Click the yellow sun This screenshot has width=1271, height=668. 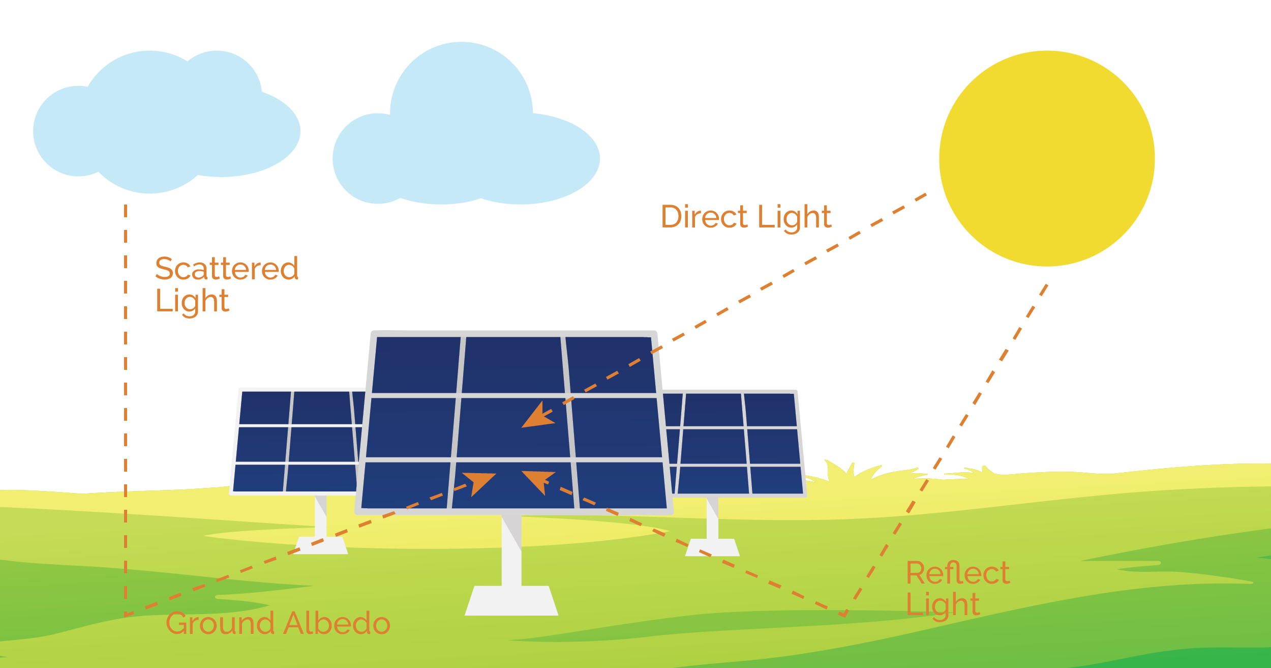click(1046, 158)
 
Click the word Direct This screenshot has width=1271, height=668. click(705, 217)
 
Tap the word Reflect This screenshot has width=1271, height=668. click(957, 573)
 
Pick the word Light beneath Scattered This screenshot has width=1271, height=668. click(192, 301)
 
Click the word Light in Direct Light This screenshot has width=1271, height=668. click(794, 218)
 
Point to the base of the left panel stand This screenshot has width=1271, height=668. click(321, 546)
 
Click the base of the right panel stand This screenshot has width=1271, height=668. click(712, 547)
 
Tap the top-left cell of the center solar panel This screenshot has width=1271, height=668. click(416, 364)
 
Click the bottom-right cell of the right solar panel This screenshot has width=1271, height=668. click(776, 480)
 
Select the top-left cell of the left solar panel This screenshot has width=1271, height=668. click(265, 407)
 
